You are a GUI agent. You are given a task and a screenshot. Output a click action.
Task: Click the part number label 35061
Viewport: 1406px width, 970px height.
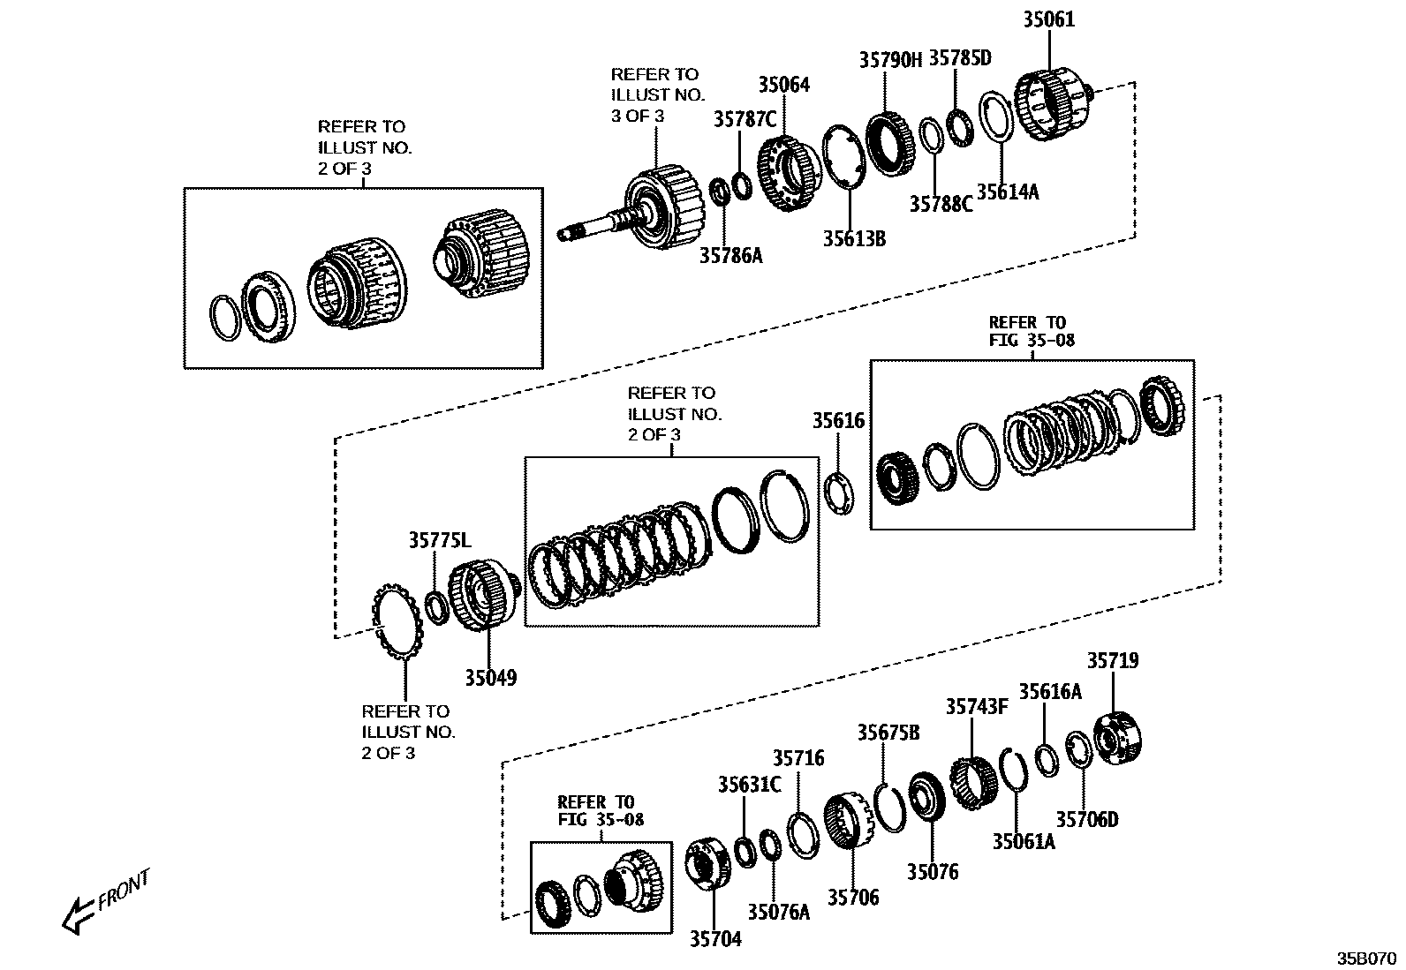point(1049,19)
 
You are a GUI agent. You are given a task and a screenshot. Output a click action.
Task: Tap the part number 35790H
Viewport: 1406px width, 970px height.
point(889,60)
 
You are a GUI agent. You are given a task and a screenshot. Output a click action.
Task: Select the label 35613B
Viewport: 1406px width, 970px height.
point(854,238)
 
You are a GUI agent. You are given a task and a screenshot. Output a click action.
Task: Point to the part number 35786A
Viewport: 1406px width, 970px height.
point(730,256)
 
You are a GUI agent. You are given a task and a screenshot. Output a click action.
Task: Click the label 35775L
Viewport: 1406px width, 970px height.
point(440,539)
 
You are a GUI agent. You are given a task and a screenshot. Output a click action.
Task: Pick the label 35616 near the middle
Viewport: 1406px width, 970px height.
point(838,421)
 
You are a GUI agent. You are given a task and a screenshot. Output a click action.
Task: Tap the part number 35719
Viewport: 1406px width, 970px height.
point(1112,660)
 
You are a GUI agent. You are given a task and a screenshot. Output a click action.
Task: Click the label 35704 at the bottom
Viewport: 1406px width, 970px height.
point(715,939)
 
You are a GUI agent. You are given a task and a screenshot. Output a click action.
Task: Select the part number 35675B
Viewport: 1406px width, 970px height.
point(888,733)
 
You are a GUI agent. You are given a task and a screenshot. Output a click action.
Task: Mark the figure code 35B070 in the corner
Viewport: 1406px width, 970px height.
point(1366,958)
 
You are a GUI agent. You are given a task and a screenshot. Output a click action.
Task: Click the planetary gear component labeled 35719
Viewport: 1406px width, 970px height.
point(1119,741)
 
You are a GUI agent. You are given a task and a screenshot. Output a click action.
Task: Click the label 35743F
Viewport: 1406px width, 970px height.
point(976,707)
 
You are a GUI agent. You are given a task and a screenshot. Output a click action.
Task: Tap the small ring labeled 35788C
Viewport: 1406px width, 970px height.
point(930,137)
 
